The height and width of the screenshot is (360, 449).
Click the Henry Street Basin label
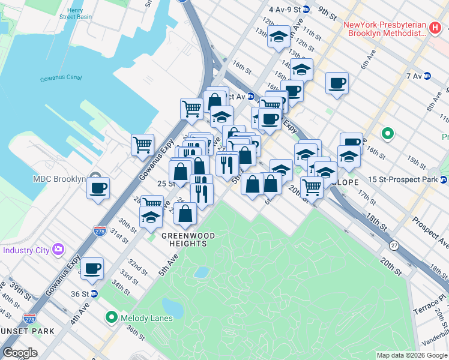pyautogui.click(x=83, y=14)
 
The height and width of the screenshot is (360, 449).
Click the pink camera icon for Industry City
pyautogui.click(x=58, y=248)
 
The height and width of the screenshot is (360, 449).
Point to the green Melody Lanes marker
pyautogui.click(x=112, y=317)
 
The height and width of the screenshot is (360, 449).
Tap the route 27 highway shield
pyautogui.click(x=394, y=245)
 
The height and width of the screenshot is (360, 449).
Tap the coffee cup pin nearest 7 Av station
pyautogui.click(x=337, y=82)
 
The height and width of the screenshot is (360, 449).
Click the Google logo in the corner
pyautogui.click(x=20, y=353)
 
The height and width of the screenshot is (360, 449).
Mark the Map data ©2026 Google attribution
pyautogui.click(x=411, y=355)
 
